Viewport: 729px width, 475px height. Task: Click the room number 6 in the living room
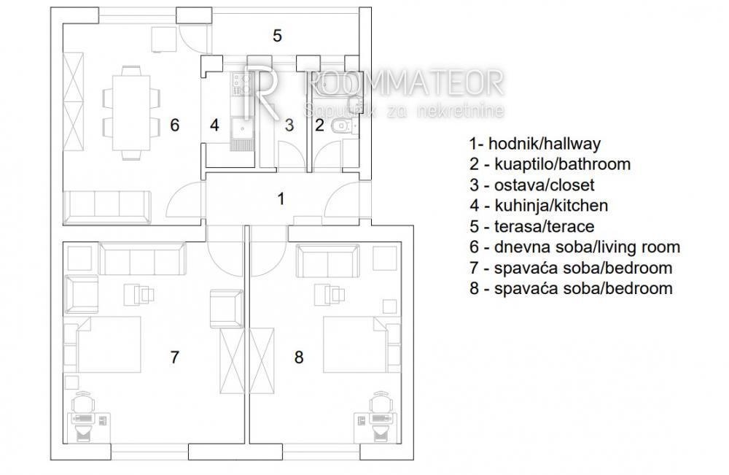(174, 125)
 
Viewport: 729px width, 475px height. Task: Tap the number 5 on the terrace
(277, 35)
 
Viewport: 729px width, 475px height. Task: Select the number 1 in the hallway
(281, 198)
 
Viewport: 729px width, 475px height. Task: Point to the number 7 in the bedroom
(174, 358)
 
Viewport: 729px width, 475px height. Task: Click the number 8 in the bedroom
(299, 358)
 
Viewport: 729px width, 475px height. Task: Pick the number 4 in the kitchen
(214, 125)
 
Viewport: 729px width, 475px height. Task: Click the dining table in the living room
(131, 112)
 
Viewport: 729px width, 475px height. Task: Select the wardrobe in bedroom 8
(262, 361)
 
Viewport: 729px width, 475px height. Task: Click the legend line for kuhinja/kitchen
(539, 206)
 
